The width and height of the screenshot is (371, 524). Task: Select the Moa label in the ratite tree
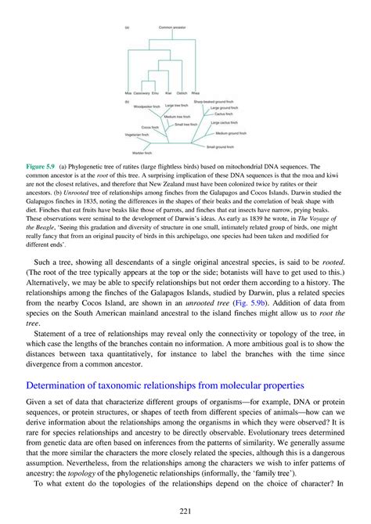point(128,92)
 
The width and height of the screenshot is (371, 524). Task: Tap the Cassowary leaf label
point(142,92)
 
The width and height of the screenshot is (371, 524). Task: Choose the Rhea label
point(196,92)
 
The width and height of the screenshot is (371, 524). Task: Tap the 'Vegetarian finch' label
point(138,135)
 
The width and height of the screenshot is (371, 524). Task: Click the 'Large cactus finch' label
point(224,123)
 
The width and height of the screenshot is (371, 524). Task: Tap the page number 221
point(185,508)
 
